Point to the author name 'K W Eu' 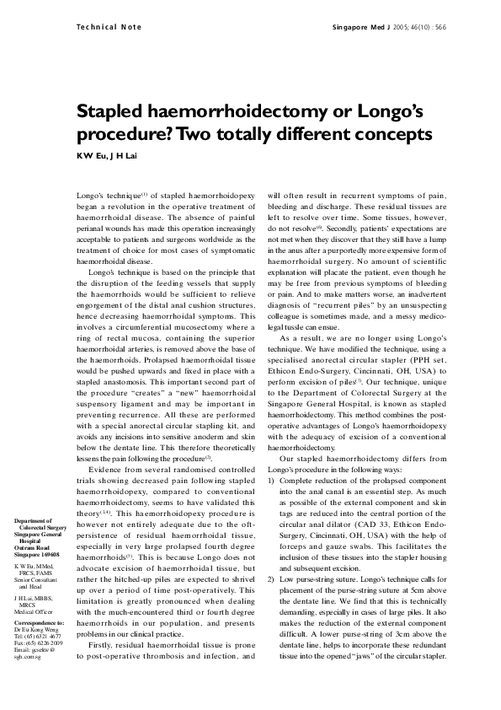click(89, 158)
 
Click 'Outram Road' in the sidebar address click(32, 549)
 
